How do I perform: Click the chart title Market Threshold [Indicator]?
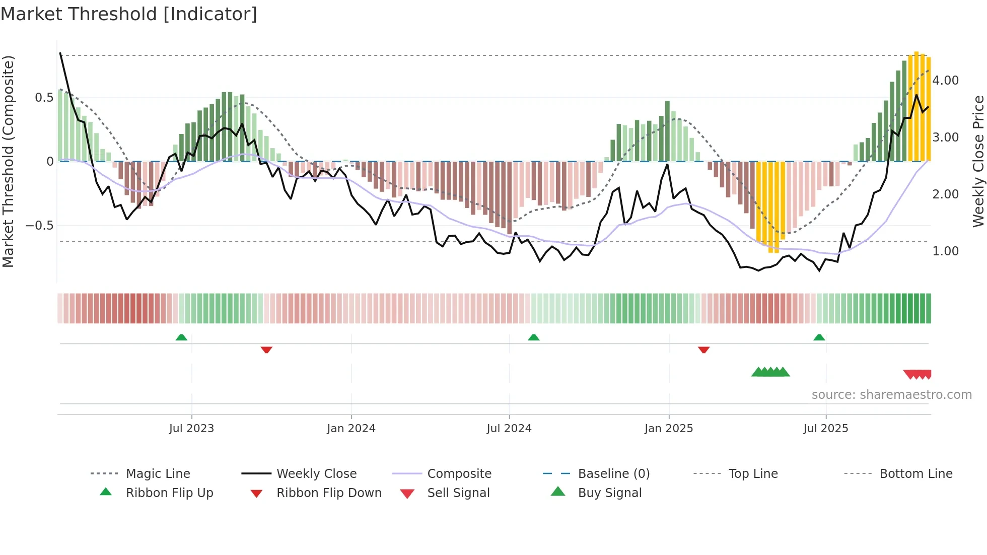coord(129,14)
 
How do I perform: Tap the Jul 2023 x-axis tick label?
coord(191,429)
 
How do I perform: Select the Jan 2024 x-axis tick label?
coord(351,429)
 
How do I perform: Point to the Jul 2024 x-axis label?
coord(509,429)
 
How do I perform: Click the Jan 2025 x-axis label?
coord(669,429)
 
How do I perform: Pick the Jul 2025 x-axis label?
coord(825,429)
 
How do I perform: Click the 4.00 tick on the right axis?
coord(945,81)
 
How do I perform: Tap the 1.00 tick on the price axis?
coord(945,251)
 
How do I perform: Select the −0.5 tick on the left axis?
coord(39,225)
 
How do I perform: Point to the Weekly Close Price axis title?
coord(978,161)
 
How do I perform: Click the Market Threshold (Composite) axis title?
coord(8,161)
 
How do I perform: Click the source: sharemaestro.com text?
coord(891,395)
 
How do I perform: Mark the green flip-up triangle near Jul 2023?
coord(181,337)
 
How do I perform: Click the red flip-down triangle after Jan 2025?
coord(703,350)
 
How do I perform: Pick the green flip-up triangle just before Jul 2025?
coord(819,337)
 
